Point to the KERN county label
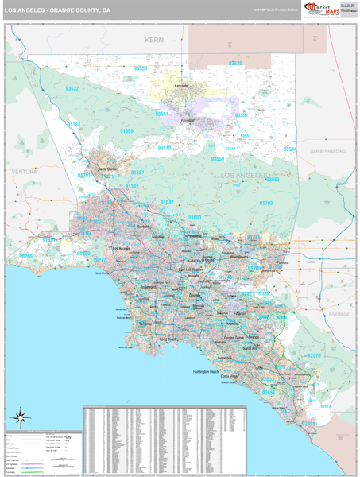(x=153, y=39)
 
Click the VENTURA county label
(x=25, y=171)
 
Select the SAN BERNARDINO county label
(x=327, y=150)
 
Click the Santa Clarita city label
(x=106, y=169)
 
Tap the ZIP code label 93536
(x=141, y=68)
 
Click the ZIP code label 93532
(x=72, y=88)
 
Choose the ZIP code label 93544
(x=290, y=149)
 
